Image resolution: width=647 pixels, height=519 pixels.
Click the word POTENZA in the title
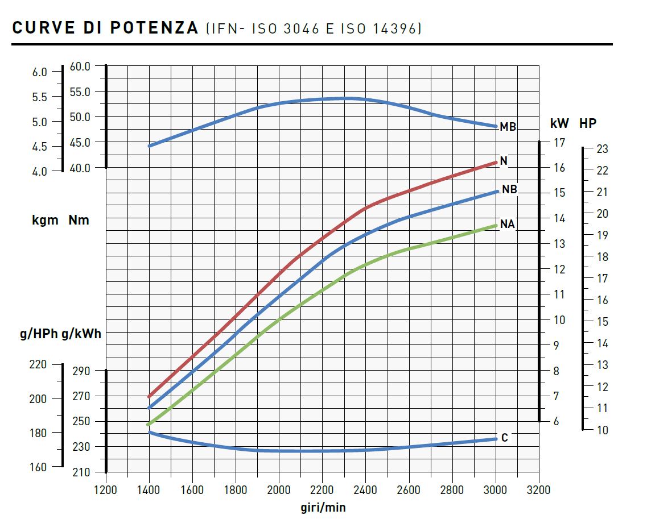tap(154, 28)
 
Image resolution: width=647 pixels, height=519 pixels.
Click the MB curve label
tap(508, 127)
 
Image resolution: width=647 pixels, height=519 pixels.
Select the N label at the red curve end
tap(504, 161)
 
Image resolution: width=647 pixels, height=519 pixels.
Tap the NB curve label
tap(509, 190)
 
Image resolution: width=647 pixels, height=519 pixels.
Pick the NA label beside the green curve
tap(507, 224)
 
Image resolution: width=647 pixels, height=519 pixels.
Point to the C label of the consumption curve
tap(504, 438)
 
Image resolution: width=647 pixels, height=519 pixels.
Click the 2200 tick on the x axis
tap(322, 490)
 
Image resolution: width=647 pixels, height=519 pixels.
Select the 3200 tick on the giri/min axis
tap(538, 490)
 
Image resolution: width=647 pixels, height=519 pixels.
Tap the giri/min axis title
tap(323, 507)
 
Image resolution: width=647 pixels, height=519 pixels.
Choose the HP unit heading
tap(588, 123)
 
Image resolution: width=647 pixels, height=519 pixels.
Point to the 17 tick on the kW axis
tap(560, 142)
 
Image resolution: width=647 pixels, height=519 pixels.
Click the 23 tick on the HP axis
tap(603, 149)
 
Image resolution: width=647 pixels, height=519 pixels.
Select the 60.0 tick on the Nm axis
tap(80, 66)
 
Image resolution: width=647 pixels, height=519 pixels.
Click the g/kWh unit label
tap(81, 334)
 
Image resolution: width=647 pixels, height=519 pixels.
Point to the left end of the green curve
tap(149, 424)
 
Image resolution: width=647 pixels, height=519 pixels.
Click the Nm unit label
tap(79, 220)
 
